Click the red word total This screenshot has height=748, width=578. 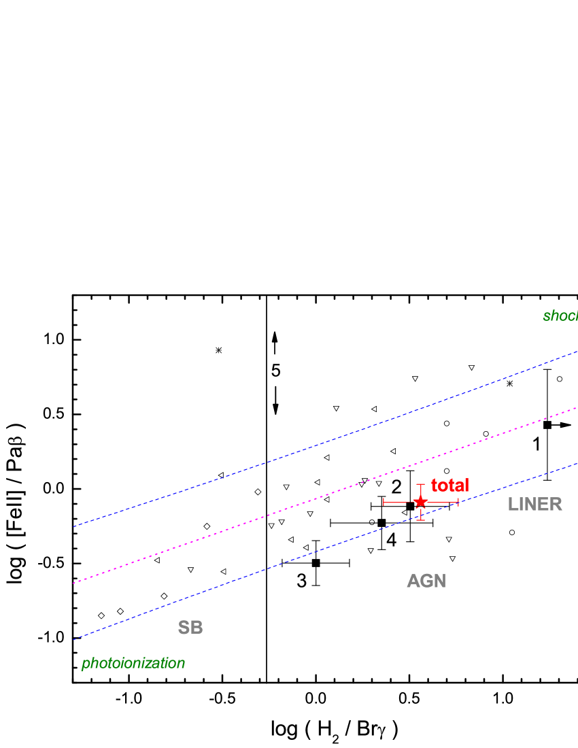[x=449, y=486]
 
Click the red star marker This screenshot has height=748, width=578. [x=420, y=502]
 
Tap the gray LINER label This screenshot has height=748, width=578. [x=534, y=505]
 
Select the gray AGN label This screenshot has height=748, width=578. [x=426, y=581]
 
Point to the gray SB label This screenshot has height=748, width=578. [x=190, y=628]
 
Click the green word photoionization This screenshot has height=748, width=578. [x=133, y=663]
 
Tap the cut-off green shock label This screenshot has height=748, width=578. [x=560, y=316]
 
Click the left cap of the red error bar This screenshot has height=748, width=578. [x=384, y=502]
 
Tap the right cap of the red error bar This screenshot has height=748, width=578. [x=458, y=502]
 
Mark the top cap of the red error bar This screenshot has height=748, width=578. [x=420, y=485]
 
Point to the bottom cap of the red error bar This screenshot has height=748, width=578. [x=420, y=520]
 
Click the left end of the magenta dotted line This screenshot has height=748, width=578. [x=74, y=583]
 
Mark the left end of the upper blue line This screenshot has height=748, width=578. [x=74, y=526]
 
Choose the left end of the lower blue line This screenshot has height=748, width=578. [x=74, y=639]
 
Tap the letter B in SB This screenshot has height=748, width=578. [x=197, y=628]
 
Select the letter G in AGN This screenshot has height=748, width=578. [x=426, y=581]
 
